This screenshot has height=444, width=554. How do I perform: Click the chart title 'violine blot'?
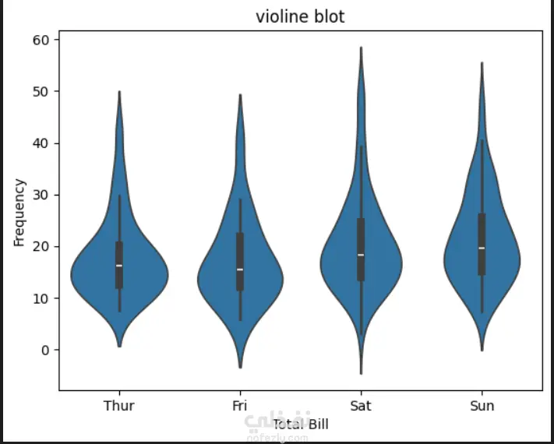pyautogui.click(x=300, y=17)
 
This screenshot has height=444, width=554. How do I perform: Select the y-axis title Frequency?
pyautogui.click(x=20, y=213)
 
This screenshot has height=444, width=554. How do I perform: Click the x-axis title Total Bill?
pyautogui.click(x=301, y=425)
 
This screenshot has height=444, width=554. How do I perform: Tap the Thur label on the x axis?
pyautogui.click(x=118, y=406)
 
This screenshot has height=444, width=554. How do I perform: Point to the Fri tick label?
pyautogui.click(x=240, y=406)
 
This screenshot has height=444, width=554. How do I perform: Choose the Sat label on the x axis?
pyautogui.click(x=361, y=406)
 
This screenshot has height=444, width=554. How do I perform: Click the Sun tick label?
pyautogui.click(x=482, y=406)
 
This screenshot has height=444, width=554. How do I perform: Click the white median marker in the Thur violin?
pyautogui.click(x=119, y=266)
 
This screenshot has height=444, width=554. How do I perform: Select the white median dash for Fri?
pyautogui.click(x=240, y=270)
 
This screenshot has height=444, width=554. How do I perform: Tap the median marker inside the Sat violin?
pyautogui.click(x=361, y=255)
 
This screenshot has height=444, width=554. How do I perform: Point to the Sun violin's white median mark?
pyautogui.click(x=482, y=248)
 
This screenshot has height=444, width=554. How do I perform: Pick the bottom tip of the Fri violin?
pyautogui.click(x=240, y=367)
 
